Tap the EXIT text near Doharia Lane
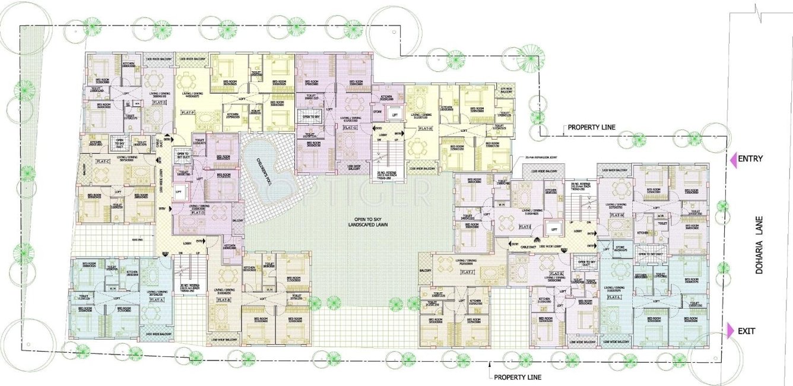pos(746,331)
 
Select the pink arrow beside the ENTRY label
pos(733,160)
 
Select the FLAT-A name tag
pos(157,300)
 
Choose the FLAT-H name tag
pos(426,128)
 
